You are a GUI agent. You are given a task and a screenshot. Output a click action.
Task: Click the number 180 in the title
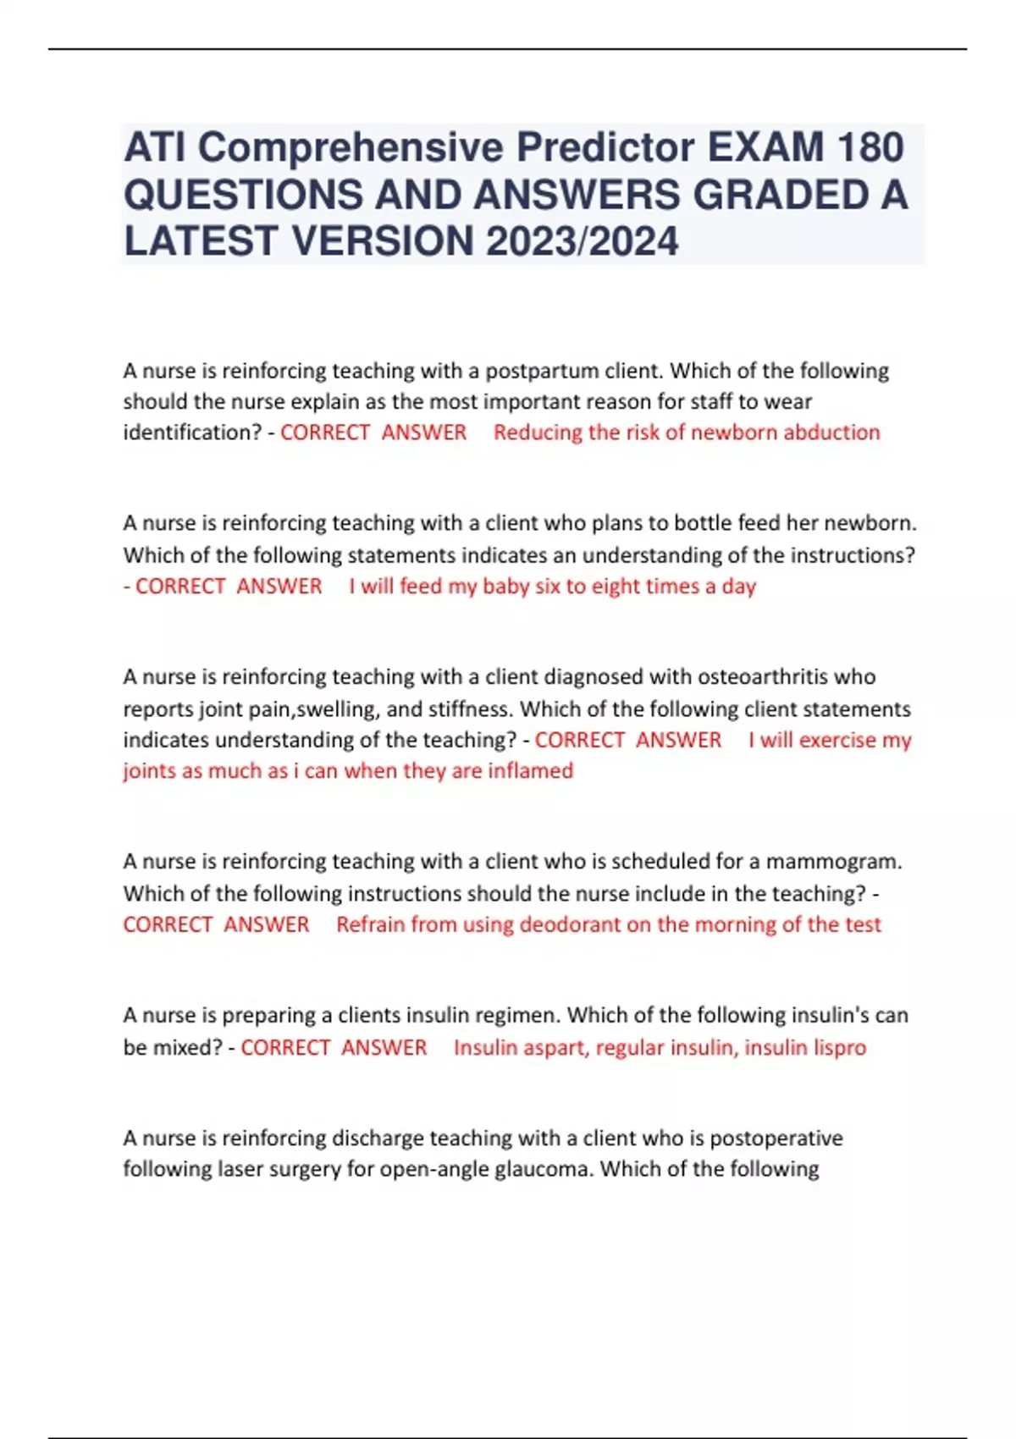coord(870,147)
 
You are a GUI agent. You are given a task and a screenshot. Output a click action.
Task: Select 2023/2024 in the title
coord(582,241)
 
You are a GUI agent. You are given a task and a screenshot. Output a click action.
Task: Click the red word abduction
coord(831,433)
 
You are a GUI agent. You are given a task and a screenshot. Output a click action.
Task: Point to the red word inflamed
coord(535,771)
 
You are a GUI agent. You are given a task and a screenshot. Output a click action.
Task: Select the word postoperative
coord(776,1139)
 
